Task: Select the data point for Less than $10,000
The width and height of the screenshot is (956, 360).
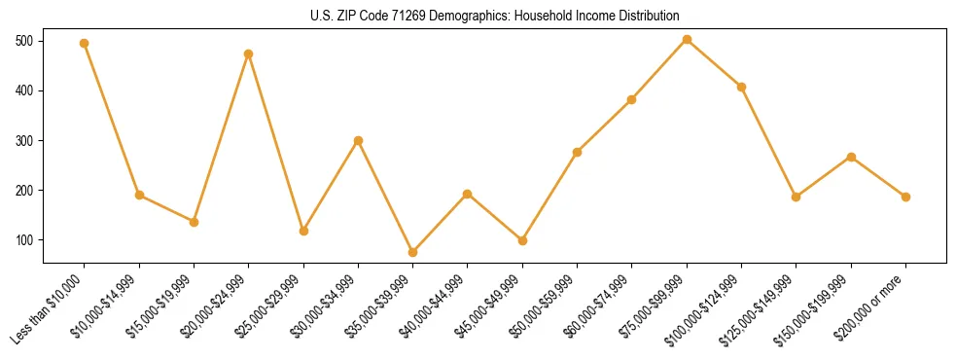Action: pyautogui.click(x=85, y=43)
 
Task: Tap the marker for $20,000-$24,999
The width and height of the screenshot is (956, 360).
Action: pyautogui.click(x=249, y=54)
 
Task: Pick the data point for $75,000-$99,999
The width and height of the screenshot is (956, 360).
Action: pyautogui.click(x=687, y=40)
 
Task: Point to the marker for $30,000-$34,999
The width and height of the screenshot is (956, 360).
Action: pyautogui.click(x=358, y=140)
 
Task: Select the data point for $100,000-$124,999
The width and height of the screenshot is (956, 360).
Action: pyautogui.click(x=742, y=87)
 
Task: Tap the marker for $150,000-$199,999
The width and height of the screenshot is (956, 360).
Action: pyautogui.click(x=851, y=157)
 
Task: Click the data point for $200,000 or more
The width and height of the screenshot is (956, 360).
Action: pyautogui.click(x=905, y=197)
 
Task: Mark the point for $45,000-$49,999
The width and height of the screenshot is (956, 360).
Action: pyautogui.click(x=522, y=240)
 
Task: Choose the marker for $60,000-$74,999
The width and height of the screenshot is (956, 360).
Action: pyautogui.click(x=632, y=99)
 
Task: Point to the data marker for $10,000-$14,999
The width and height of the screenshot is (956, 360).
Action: pyautogui.click(x=139, y=195)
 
